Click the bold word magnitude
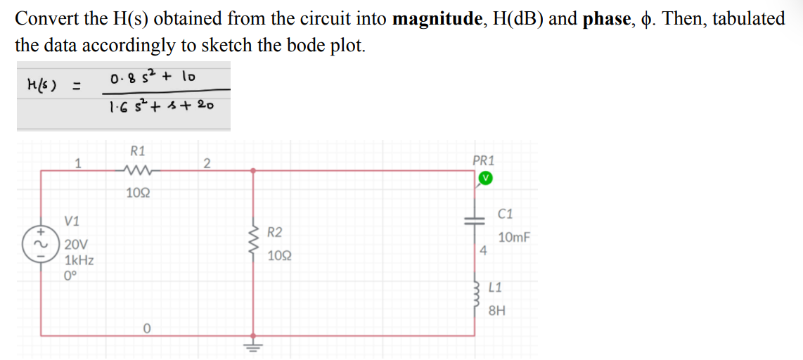point(433,19)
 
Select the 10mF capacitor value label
point(514,238)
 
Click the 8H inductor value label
point(496,310)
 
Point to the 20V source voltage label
point(76,245)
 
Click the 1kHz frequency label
point(79,260)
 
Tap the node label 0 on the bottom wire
point(146,328)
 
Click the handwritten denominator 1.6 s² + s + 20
point(161,106)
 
